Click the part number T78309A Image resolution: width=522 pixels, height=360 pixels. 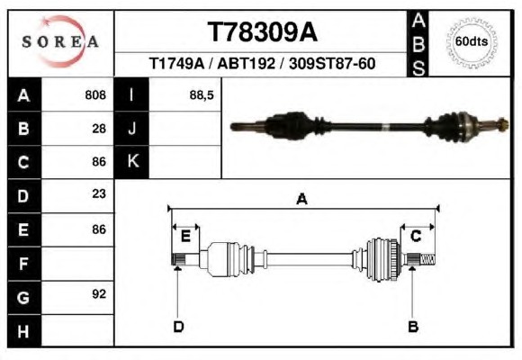[262, 32]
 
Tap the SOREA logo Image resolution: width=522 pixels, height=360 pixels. [60, 41]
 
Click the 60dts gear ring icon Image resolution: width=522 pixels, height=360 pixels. [472, 42]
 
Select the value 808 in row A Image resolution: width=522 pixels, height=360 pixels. [95, 94]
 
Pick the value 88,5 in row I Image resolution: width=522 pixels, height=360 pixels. [202, 95]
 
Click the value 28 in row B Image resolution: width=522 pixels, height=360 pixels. [99, 129]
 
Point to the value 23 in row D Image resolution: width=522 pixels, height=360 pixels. [99, 193]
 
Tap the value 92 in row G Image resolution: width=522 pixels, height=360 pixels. [99, 294]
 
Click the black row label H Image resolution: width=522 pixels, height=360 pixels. [24, 331]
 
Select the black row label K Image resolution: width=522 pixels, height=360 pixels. [131, 161]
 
